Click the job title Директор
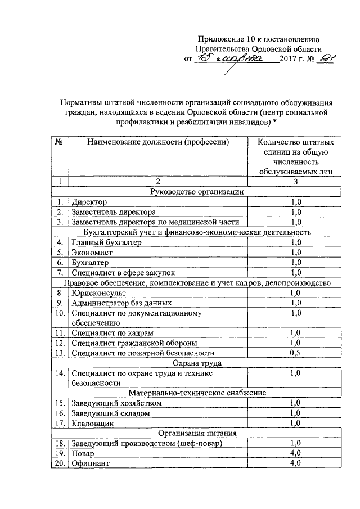(89, 201)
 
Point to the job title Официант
(91, 463)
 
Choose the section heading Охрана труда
(196, 363)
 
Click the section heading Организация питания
(196, 433)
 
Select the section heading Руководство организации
(196, 191)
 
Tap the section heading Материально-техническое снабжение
(196, 393)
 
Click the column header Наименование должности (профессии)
(158, 142)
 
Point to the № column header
(58, 142)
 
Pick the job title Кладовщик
(92, 423)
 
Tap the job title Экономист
(92, 252)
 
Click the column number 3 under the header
(295, 181)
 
